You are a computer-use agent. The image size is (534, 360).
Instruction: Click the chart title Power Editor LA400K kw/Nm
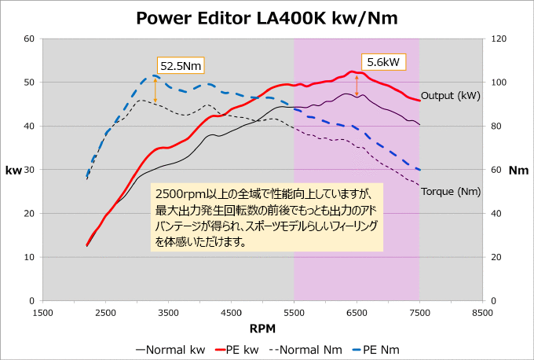coord(267,17)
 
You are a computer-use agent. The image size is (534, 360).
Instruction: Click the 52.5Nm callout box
coord(181,66)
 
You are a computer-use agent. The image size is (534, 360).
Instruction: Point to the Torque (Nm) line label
coord(451,191)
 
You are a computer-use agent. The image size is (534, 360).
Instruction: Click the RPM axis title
coord(262,327)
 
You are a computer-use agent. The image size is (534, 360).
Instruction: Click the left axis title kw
coord(13,170)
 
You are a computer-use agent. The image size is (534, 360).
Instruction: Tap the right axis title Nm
coord(518,170)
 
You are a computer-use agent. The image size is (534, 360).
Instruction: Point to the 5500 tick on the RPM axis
coord(294,311)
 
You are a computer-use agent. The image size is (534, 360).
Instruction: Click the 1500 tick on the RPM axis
coord(42,311)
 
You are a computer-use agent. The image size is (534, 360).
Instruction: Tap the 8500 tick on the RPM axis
coord(482,311)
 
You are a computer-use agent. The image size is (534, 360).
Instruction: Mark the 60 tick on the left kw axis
coord(28,39)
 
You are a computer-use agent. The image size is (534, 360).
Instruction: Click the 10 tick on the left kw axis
coord(28,257)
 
